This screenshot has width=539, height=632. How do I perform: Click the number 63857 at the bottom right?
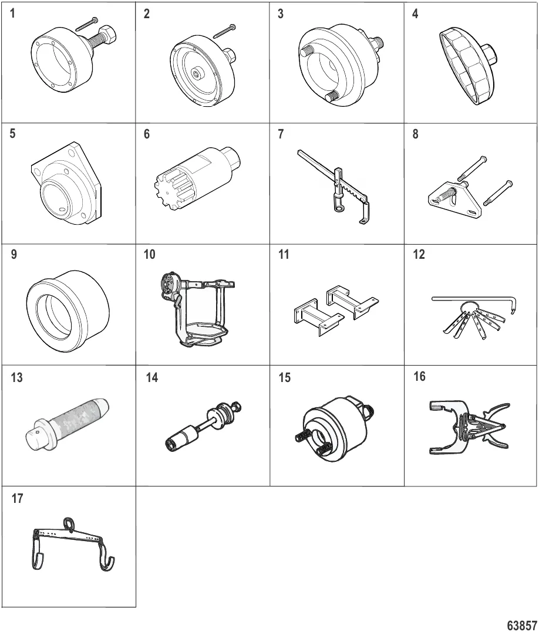(x=521, y=625)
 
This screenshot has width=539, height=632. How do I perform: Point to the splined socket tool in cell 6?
(x=197, y=177)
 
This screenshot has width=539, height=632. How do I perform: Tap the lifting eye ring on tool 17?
(x=69, y=524)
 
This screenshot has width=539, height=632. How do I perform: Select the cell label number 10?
(x=149, y=255)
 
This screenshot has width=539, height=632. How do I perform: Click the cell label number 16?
(x=419, y=377)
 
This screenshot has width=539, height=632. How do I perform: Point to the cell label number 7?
(x=281, y=134)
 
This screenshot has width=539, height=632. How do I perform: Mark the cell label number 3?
(x=281, y=14)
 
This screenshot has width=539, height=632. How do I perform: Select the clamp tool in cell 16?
(x=470, y=427)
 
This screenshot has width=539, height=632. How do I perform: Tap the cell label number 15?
(x=285, y=378)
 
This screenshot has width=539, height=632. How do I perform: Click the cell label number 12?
(x=419, y=255)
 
